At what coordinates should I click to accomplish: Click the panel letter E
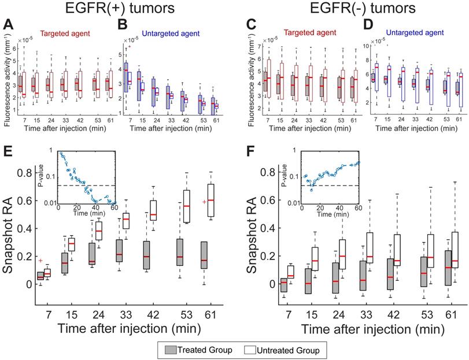pos(9,154)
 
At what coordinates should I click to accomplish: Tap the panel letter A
pos(9,25)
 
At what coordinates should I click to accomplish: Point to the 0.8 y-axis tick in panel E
pos(24,172)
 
